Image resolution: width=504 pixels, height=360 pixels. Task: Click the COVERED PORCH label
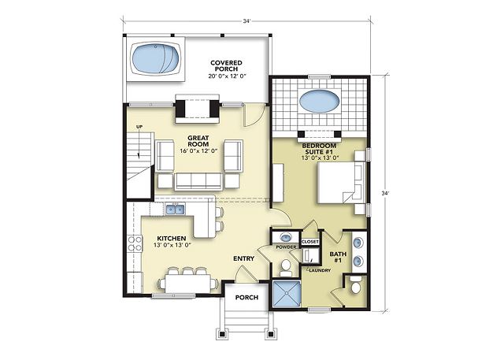[x=226, y=65]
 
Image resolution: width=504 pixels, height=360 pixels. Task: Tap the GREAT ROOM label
[x=198, y=141]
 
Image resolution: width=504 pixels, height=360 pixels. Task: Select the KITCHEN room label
[x=172, y=238]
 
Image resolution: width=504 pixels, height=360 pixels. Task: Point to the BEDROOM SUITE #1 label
[x=319, y=149]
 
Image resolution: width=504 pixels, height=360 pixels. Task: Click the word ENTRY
[x=244, y=258]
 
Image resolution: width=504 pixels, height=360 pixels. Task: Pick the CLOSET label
[x=310, y=241]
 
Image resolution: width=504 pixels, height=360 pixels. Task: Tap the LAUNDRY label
[x=320, y=270]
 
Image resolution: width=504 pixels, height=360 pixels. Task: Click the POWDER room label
[x=286, y=247]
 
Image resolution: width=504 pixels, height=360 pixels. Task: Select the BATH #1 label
[x=338, y=257]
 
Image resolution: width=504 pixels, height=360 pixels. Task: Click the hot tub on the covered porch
[x=156, y=59]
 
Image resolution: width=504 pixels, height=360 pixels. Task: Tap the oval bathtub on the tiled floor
[x=319, y=102]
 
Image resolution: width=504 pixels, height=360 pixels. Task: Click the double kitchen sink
[x=175, y=209]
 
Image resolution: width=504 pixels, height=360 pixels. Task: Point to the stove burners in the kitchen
[x=135, y=243]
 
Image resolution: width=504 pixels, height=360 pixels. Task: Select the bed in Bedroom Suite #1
[x=341, y=182]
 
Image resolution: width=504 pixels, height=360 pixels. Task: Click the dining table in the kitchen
[x=188, y=283]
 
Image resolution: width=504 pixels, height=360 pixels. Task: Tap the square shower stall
[x=287, y=294]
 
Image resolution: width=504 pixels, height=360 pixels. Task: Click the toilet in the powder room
[x=285, y=267]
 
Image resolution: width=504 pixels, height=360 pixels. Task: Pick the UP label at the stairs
[x=139, y=127]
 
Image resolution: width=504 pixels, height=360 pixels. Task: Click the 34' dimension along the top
[x=246, y=21]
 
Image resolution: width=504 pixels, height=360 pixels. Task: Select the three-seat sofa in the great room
[x=198, y=182]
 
